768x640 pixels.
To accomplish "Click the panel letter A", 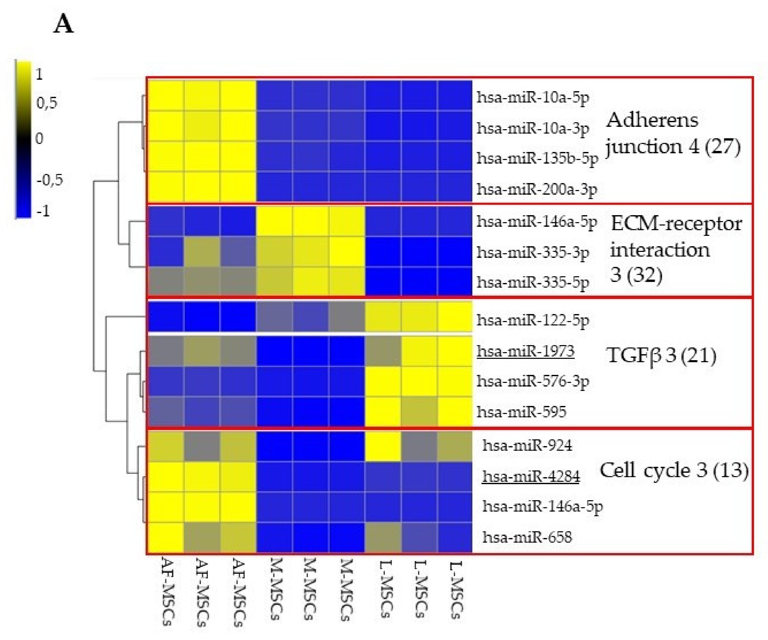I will point(64,25).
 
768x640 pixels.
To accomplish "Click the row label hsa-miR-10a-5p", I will point(533,97).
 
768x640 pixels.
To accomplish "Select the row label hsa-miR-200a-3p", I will point(537,189).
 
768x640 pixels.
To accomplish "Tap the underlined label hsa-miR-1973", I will point(525,351).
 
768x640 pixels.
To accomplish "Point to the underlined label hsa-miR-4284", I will point(531,476).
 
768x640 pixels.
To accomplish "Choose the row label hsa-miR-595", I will point(521,412).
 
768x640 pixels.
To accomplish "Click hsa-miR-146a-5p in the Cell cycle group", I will point(542,507).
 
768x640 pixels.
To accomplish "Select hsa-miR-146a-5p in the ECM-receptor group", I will point(537,222).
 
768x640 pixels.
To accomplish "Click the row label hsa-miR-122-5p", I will point(533,320).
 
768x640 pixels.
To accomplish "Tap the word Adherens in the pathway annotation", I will point(652,120).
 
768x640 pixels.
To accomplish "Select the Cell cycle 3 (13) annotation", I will point(674,470).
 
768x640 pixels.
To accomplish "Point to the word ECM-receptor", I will point(676,224).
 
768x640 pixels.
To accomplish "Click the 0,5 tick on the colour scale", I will point(47,104).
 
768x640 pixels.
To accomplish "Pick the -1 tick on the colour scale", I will point(43,211).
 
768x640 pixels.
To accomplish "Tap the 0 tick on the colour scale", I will point(39,139).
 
